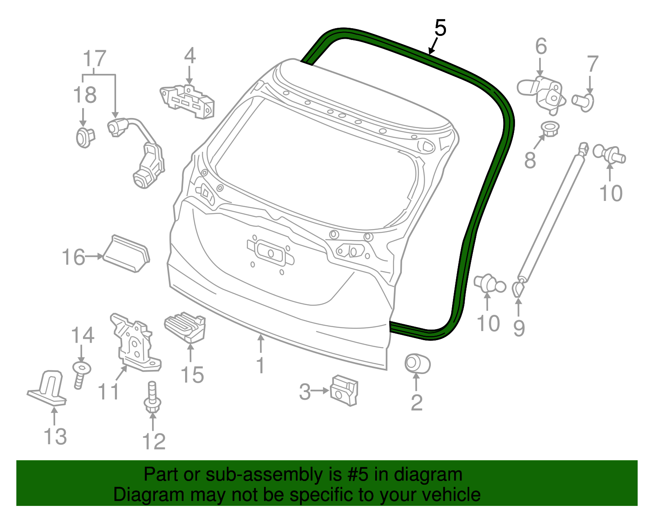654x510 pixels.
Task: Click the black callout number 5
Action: (440, 28)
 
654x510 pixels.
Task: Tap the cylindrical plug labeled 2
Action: (417, 363)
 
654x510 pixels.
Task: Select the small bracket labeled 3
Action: (344, 390)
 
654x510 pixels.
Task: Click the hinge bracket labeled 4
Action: (188, 101)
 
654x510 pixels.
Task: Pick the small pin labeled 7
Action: (583, 101)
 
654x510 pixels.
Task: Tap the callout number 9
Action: (519, 328)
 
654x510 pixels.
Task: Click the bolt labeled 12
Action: (152, 397)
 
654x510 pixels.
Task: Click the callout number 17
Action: (94, 59)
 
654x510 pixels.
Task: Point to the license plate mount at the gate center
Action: (270, 252)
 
